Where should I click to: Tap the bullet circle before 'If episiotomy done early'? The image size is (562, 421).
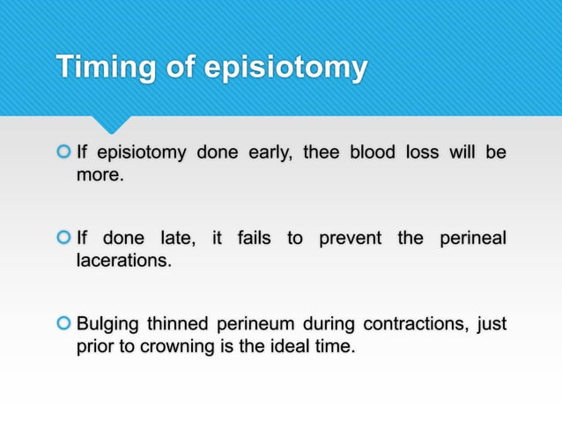click(63, 153)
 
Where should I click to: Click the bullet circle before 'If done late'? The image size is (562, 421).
click(63, 238)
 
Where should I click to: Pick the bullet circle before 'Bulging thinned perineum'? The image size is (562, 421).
click(63, 323)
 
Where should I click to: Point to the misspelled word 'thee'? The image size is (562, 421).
click(321, 153)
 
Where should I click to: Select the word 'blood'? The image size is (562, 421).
click(372, 153)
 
